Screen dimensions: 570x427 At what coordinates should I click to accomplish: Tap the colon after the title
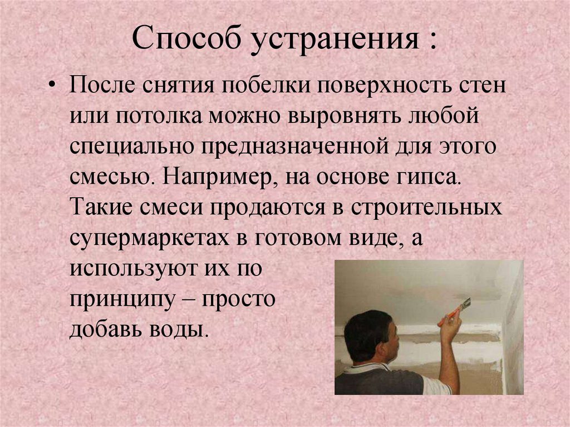pyautogui.click(x=433, y=42)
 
